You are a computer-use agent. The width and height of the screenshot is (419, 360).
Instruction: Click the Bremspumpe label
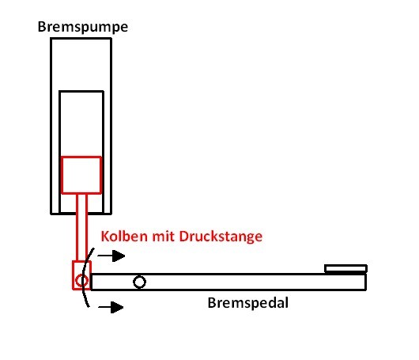tap(83, 27)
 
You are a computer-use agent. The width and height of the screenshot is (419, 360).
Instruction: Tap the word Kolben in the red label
tap(124, 237)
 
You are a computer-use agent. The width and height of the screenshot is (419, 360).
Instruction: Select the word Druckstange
tap(221, 237)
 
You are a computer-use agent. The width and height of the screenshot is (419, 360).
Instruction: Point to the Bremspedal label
tap(248, 303)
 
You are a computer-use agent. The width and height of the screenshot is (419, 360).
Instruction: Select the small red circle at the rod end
tap(81, 281)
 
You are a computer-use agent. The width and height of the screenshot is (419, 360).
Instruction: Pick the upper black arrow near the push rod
tap(111, 256)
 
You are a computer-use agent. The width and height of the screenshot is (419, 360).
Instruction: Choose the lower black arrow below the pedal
tap(111, 307)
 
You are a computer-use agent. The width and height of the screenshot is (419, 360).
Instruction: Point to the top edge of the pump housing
tap(81, 39)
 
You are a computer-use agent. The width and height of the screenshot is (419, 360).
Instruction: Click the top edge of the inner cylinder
tap(81, 92)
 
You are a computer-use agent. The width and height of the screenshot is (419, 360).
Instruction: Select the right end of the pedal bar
tap(366, 282)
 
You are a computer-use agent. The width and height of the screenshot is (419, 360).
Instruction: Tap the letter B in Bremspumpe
tap(42, 27)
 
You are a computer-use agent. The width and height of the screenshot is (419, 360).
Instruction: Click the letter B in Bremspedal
tap(212, 303)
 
